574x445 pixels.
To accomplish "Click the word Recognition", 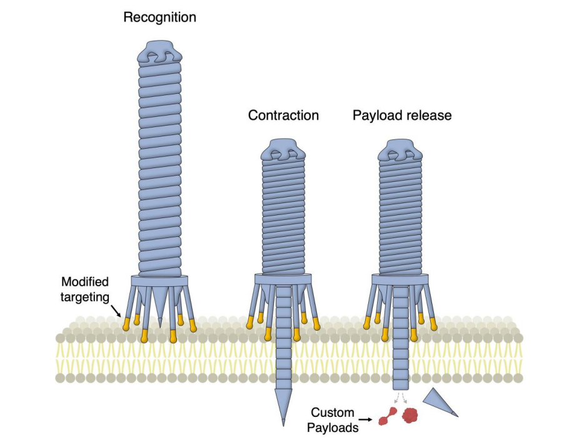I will [x=159, y=17].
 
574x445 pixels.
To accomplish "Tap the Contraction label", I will [x=283, y=116].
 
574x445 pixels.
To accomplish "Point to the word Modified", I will [x=84, y=282].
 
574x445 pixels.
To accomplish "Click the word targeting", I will [x=84, y=297].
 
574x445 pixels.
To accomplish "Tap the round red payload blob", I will [x=410, y=414].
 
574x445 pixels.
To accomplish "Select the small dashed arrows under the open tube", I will [x=400, y=397].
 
